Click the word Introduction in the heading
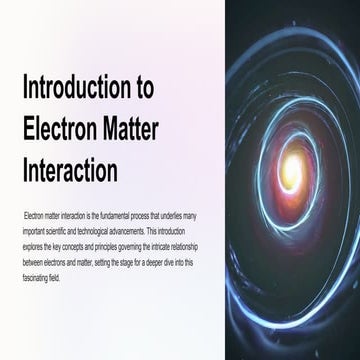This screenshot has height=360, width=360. coord(80,88)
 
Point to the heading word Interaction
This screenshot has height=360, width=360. coord(70,171)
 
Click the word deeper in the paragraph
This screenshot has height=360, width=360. coord(171,254)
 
